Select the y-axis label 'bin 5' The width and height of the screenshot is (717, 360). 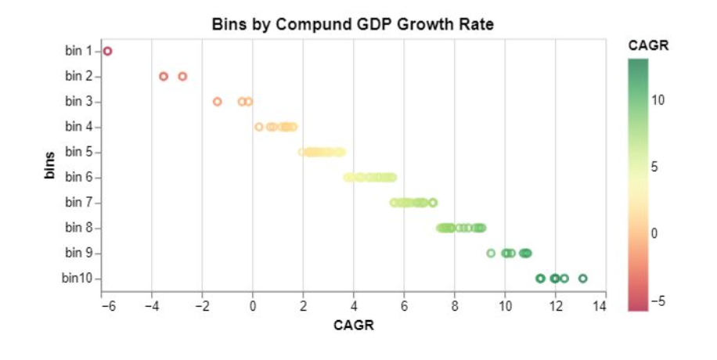(79, 152)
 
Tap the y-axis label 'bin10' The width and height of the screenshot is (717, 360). (77, 278)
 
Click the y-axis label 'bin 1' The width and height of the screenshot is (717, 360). (79, 51)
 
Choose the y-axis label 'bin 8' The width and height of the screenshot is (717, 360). (79, 227)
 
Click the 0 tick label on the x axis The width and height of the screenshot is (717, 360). (252, 306)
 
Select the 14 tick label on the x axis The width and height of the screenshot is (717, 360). (600, 306)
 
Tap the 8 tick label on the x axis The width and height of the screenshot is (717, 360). (455, 306)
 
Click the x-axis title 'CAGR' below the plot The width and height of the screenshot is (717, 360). (354, 326)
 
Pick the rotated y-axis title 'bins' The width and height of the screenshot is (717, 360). (49, 165)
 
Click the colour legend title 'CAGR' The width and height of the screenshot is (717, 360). (648, 45)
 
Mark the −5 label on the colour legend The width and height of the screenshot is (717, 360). (658, 301)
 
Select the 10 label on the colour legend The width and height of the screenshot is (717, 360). (658, 100)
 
